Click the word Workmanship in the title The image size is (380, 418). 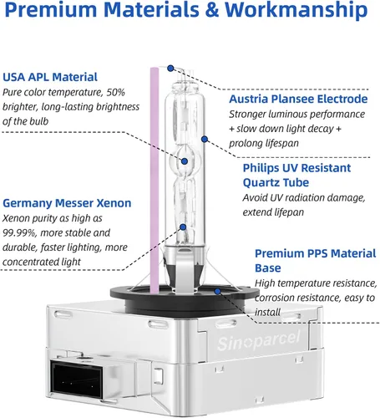coord(296,9)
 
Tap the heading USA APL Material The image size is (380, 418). coord(50,77)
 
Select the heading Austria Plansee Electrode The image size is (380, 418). coord(298,99)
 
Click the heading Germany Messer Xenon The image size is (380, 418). coord(67,203)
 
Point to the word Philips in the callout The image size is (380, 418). coord(261,168)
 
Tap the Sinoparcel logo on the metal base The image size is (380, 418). coord(259,341)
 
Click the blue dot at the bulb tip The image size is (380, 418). coord(170,68)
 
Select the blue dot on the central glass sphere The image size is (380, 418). coord(185,161)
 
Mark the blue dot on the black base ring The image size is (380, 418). coord(218,291)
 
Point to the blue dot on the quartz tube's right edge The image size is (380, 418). coord(205,139)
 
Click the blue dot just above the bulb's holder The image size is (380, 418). coord(183,227)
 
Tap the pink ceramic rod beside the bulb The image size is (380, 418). coord(155,181)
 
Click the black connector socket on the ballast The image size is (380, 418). coord(77,377)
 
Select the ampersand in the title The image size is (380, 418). coord(212,10)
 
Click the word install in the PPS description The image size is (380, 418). coord(267,312)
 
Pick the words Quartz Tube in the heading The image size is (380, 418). coord(276,183)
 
